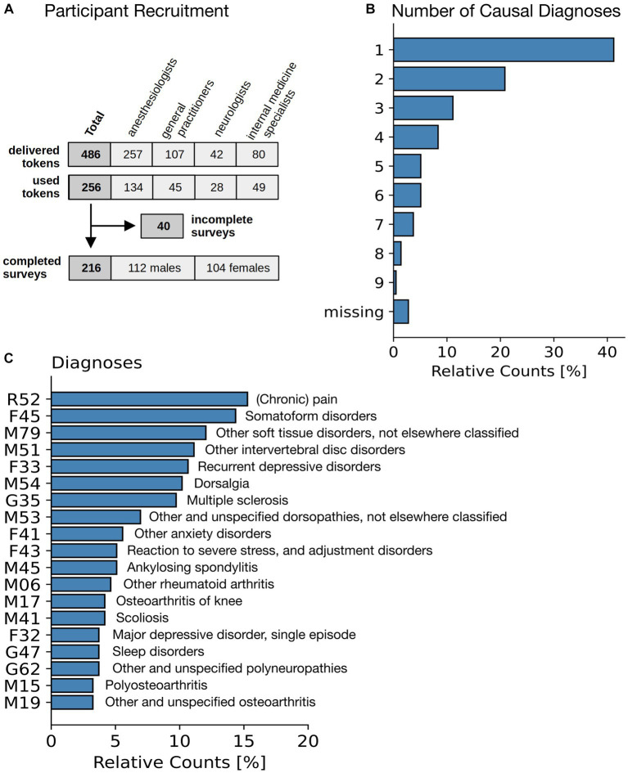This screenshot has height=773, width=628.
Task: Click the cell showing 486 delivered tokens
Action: click(89, 154)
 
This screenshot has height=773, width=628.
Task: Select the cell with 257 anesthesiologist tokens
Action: click(131, 154)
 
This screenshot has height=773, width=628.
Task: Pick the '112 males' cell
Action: click(152, 267)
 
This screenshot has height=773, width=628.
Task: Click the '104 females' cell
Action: click(237, 267)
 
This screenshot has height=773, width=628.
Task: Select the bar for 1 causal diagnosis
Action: click(503, 50)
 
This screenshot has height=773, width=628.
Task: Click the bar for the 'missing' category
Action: click(400, 312)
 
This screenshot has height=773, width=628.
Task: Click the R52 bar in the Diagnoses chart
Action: click(149, 399)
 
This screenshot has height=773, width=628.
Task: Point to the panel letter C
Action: click(9, 357)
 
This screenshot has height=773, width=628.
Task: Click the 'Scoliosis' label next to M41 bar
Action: click(138, 618)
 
